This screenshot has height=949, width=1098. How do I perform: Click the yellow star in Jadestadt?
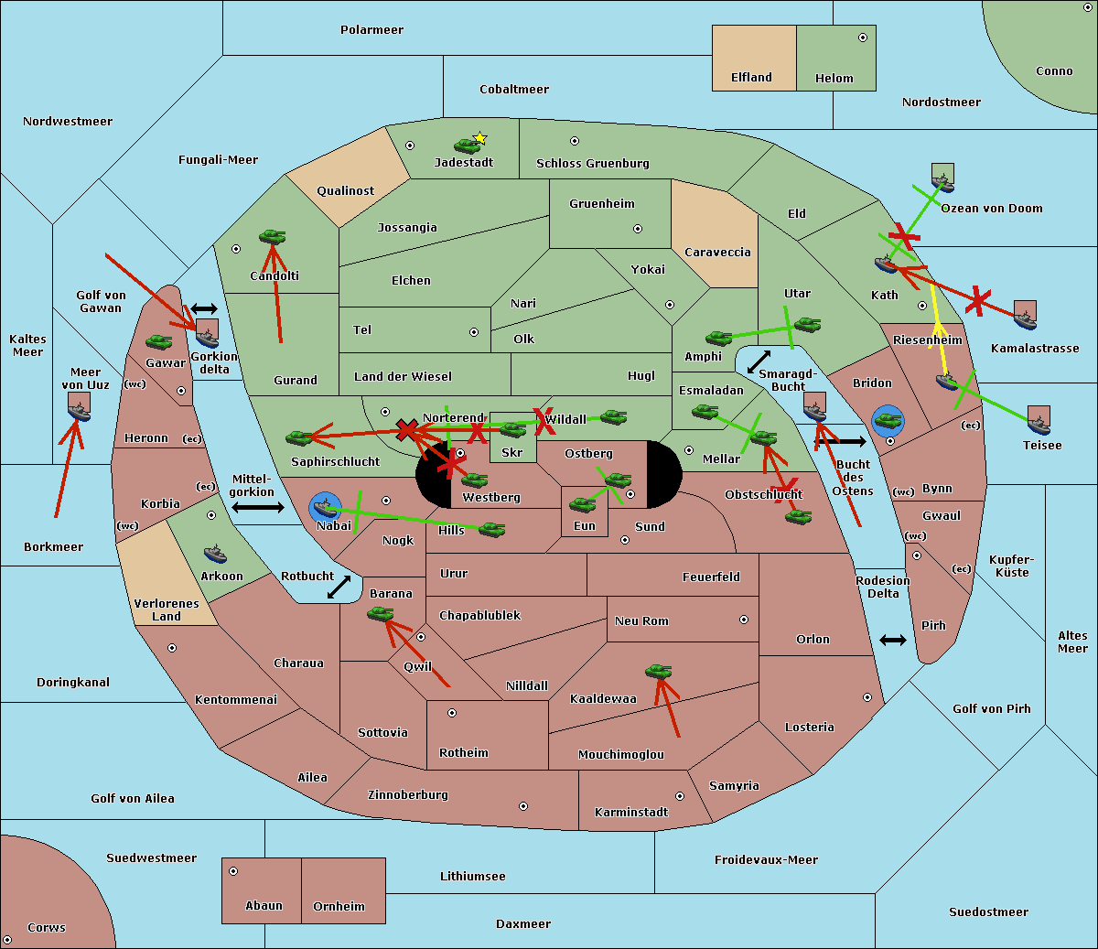click(479, 138)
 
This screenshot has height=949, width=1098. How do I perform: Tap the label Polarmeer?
click(371, 30)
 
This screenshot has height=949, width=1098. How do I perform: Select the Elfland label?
click(751, 78)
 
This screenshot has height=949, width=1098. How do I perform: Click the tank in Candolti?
click(272, 237)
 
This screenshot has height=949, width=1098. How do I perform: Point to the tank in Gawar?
click(159, 341)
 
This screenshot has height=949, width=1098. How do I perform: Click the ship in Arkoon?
click(216, 554)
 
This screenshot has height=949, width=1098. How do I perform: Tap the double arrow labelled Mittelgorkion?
click(258, 507)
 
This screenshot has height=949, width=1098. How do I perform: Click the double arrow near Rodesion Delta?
click(893, 640)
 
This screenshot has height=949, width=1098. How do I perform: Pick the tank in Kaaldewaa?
click(658, 672)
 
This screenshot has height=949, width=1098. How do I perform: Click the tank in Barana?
click(380, 614)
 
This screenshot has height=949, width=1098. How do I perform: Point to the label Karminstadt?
click(631, 813)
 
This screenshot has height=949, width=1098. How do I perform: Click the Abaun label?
click(264, 906)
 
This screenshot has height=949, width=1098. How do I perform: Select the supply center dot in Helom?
click(862, 38)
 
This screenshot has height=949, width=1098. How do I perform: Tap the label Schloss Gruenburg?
click(592, 164)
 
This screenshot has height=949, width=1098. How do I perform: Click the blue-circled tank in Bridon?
click(888, 421)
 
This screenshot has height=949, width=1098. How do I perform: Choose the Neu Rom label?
click(641, 621)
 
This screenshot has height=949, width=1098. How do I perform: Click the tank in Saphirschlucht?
click(298, 438)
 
